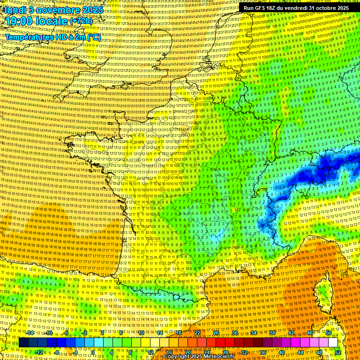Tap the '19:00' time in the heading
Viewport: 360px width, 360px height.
click(x=19, y=21)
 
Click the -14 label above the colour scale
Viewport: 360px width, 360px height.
click(x=30, y=333)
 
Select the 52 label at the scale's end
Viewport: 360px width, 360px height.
click(x=337, y=352)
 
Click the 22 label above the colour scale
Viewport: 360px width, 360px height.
click(x=197, y=333)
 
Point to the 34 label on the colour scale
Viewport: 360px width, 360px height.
click(x=254, y=333)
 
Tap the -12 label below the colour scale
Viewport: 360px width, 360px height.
click(x=39, y=352)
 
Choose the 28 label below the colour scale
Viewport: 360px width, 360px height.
click(x=225, y=352)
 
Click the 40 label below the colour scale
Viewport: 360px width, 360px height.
click(x=281, y=352)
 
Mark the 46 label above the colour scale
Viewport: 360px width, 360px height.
click(x=310, y=333)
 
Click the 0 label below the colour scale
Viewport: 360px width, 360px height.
click(x=93, y=352)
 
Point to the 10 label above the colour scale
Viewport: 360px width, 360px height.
click(x=141, y=333)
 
